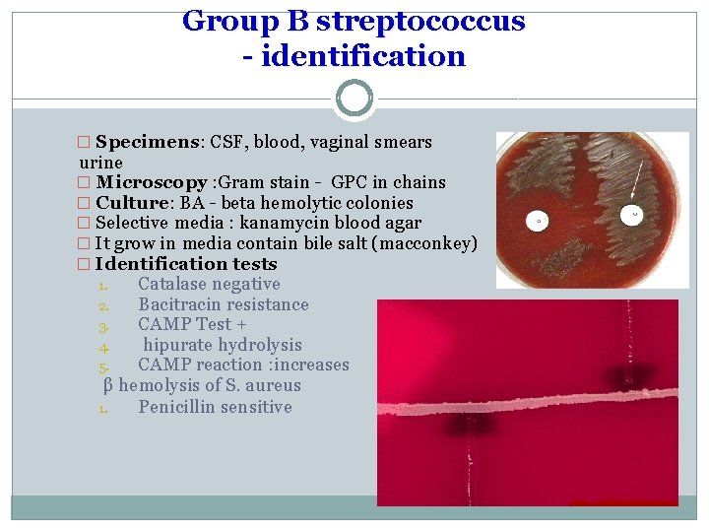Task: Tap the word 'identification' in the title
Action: (366, 56)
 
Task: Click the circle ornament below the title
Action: (354, 99)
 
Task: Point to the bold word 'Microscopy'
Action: (152, 182)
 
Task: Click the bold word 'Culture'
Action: (134, 203)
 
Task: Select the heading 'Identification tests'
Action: (186, 264)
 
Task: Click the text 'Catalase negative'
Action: (209, 284)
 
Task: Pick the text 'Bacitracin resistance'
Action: (223, 304)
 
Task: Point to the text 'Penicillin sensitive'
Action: (215, 407)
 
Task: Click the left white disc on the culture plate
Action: (539, 222)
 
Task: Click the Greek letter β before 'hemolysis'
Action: (109, 385)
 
